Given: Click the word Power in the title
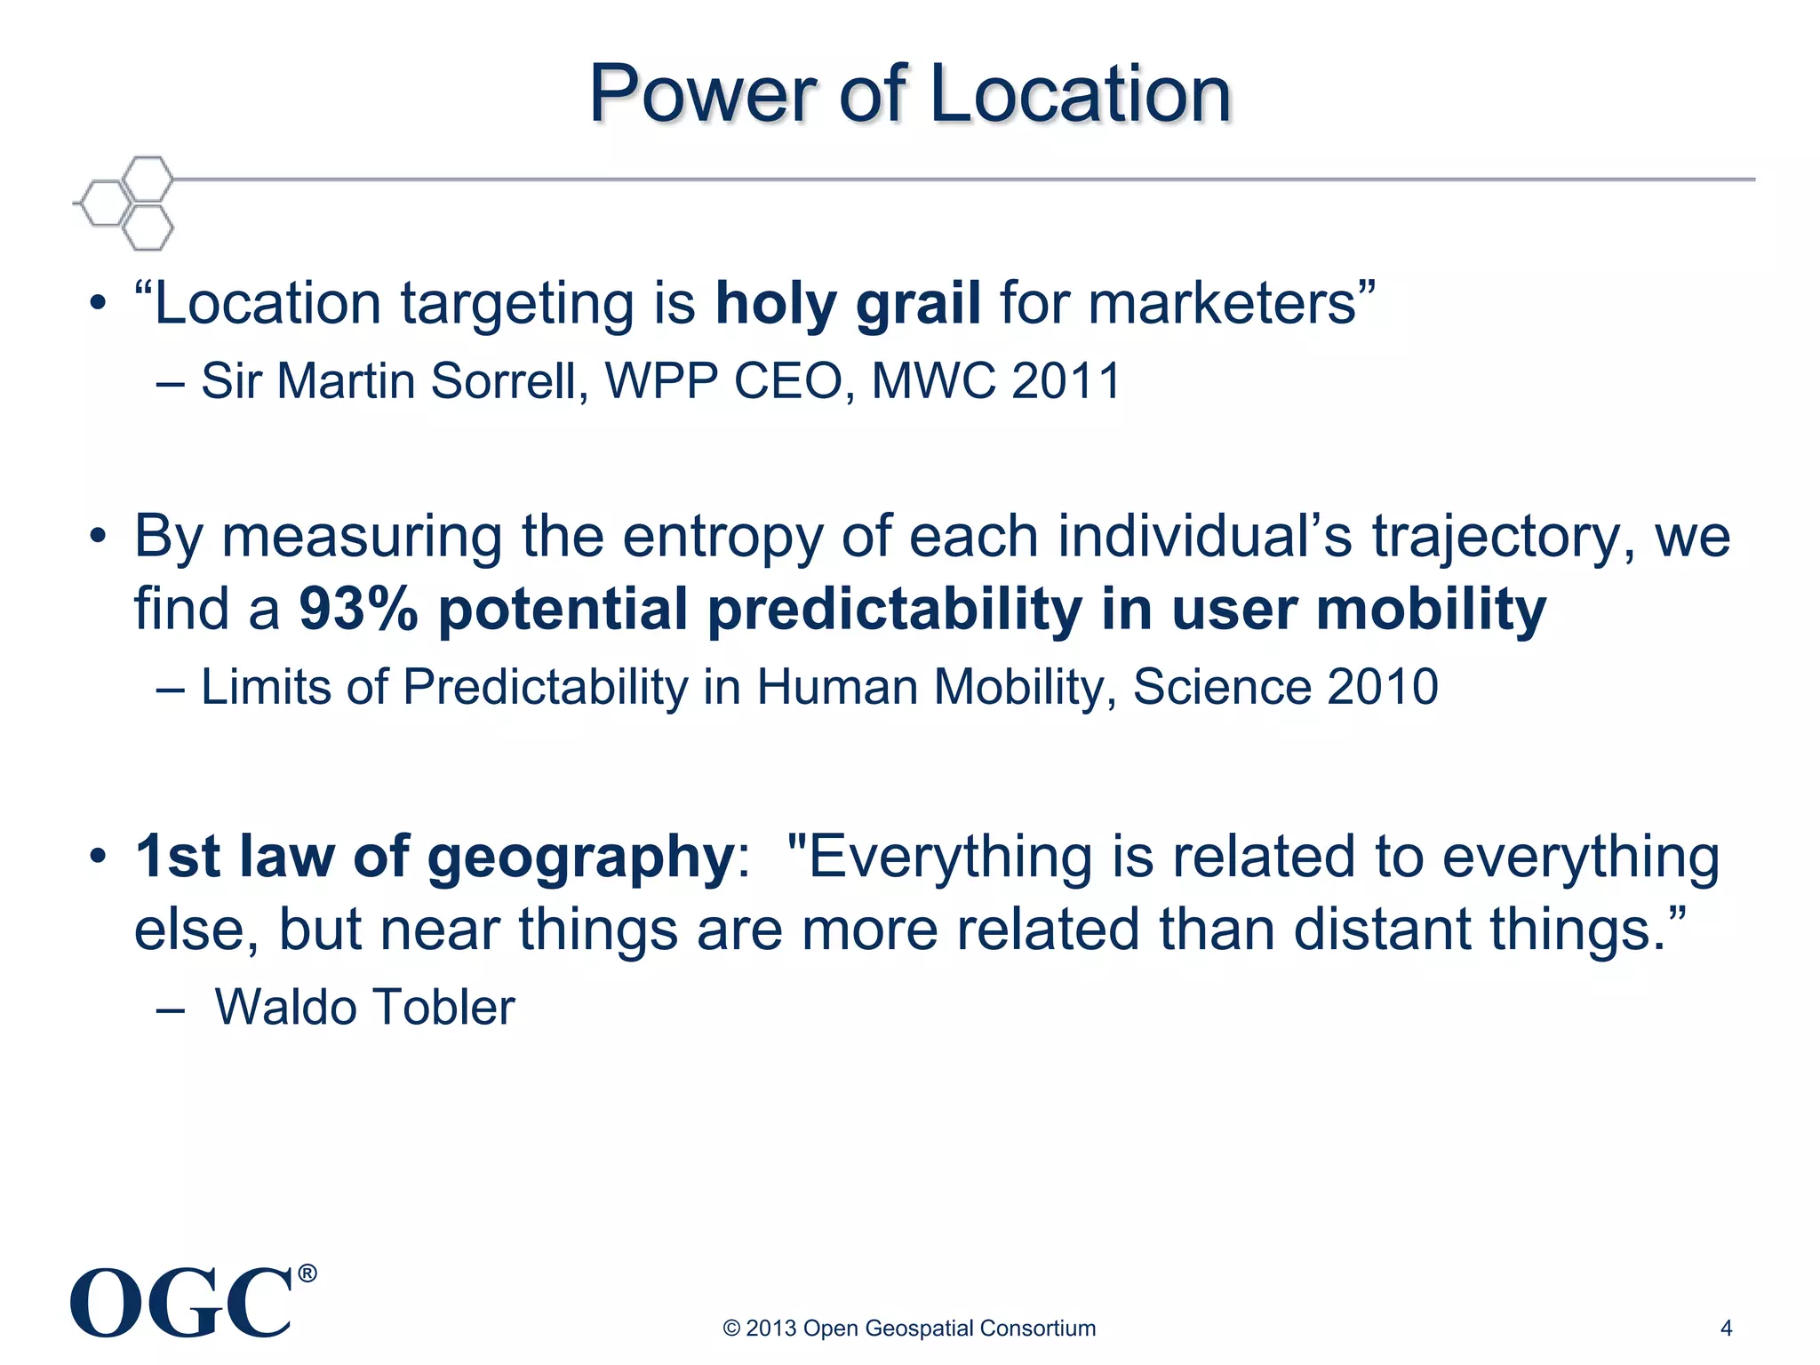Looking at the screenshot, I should (x=703, y=94).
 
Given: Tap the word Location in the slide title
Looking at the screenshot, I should (x=1081, y=94).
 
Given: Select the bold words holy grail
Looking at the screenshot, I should (x=848, y=304).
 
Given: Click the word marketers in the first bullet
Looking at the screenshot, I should (x=1222, y=304).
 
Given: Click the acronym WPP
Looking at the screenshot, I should (x=661, y=381).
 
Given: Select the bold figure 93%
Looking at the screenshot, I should (x=358, y=611).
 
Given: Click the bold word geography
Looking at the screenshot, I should (x=579, y=858).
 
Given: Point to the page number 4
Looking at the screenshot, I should (x=1727, y=1329).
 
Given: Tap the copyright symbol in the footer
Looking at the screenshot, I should (x=731, y=1329).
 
